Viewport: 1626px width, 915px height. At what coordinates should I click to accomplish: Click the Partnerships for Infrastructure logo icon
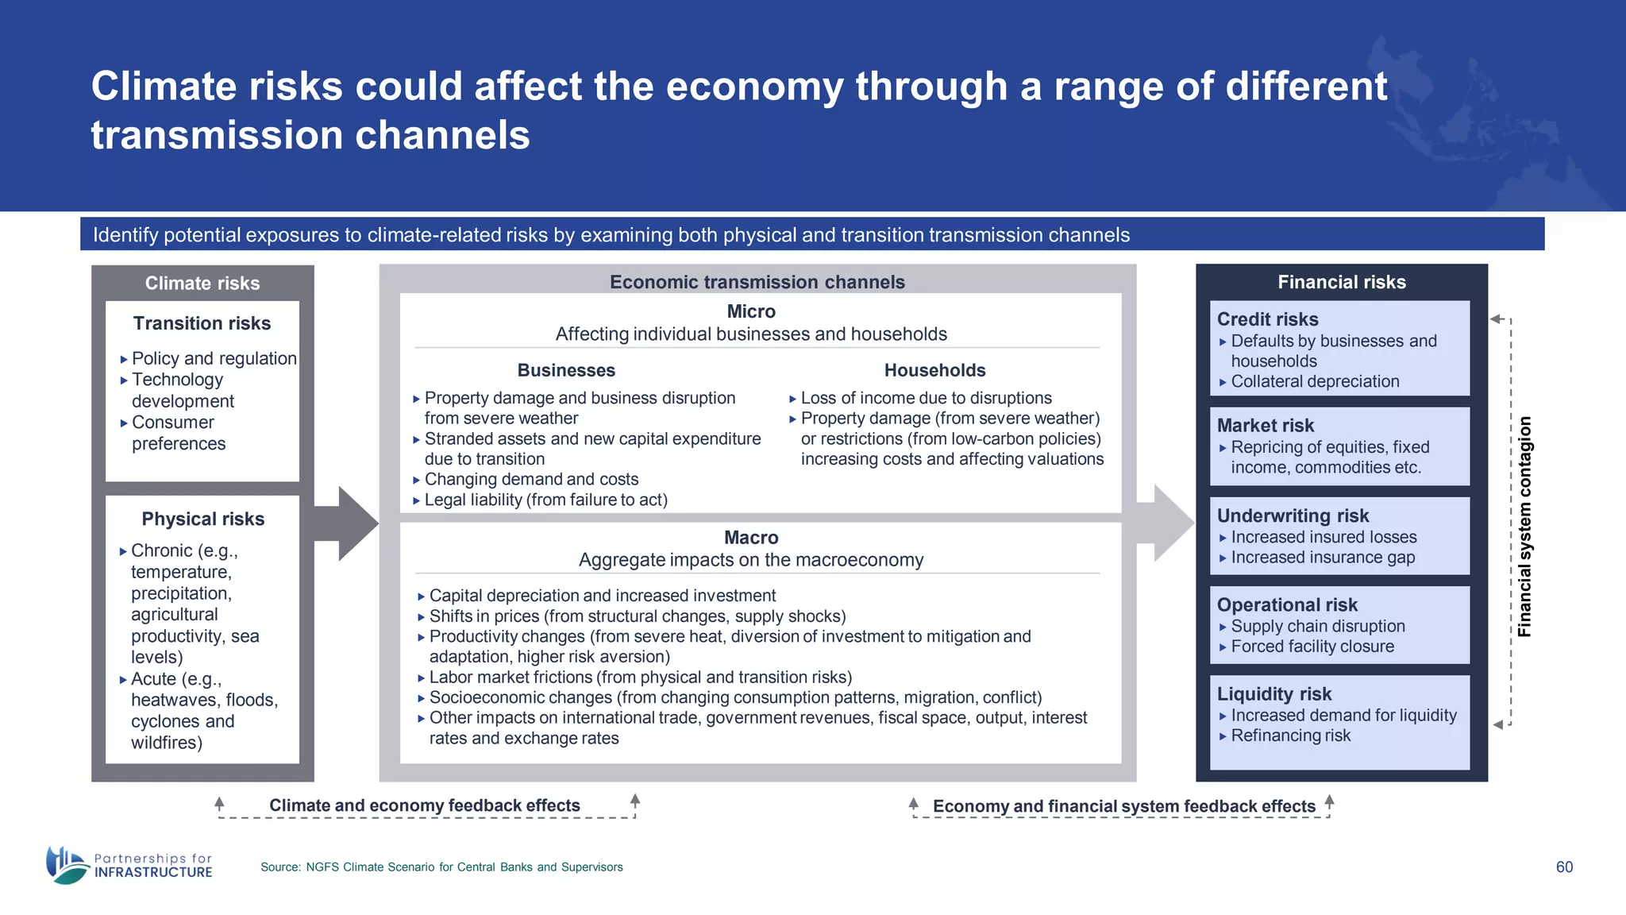click(x=66, y=865)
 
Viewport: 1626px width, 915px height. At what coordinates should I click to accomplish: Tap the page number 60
click(x=1563, y=867)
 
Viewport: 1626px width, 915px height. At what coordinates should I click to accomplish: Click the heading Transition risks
click(x=202, y=323)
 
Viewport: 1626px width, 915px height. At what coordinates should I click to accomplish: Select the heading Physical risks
click(x=202, y=519)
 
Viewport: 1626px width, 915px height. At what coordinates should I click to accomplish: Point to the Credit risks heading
click(x=1267, y=319)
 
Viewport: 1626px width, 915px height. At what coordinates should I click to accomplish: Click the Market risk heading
click(x=1266, y=426)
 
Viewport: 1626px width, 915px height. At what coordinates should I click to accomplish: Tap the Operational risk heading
click(x=1287, y=604)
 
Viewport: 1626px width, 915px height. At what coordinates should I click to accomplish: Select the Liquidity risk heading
click(x=1274, y=693)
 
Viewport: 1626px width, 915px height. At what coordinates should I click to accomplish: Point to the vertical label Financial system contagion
click(x=1524, y=527)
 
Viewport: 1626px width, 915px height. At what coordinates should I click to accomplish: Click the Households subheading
click(x=934, y=370)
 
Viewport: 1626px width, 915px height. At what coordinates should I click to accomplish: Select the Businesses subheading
click(x=566, y=370)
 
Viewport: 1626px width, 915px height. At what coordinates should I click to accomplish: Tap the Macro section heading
click(x=751, y=538)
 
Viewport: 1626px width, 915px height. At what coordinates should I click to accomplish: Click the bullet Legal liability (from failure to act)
click(x=545, y=500)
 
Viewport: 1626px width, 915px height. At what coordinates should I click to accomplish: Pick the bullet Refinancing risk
click(x=1290, y=735)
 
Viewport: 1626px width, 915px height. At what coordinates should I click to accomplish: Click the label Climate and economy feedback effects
click(x=425, y=805)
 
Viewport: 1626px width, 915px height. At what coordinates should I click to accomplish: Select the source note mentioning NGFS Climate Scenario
click(x=441, y=867)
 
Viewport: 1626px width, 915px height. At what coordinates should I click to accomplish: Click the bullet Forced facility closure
click(x=1312, y=647)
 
